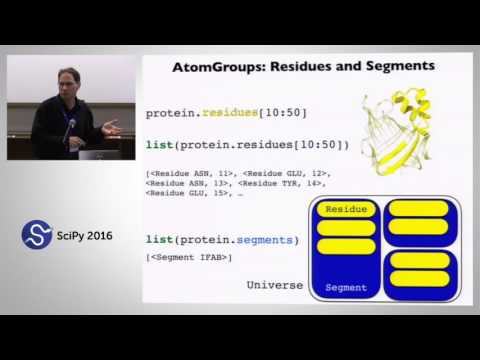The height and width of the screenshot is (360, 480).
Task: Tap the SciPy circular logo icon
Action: [36, 236]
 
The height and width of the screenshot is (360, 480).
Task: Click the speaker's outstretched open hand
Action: [111, 127]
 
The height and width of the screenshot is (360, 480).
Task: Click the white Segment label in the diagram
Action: [346, 287]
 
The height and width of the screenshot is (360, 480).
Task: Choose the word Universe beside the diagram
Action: [274, 285]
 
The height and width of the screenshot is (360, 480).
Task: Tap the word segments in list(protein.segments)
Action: [259, 239]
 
